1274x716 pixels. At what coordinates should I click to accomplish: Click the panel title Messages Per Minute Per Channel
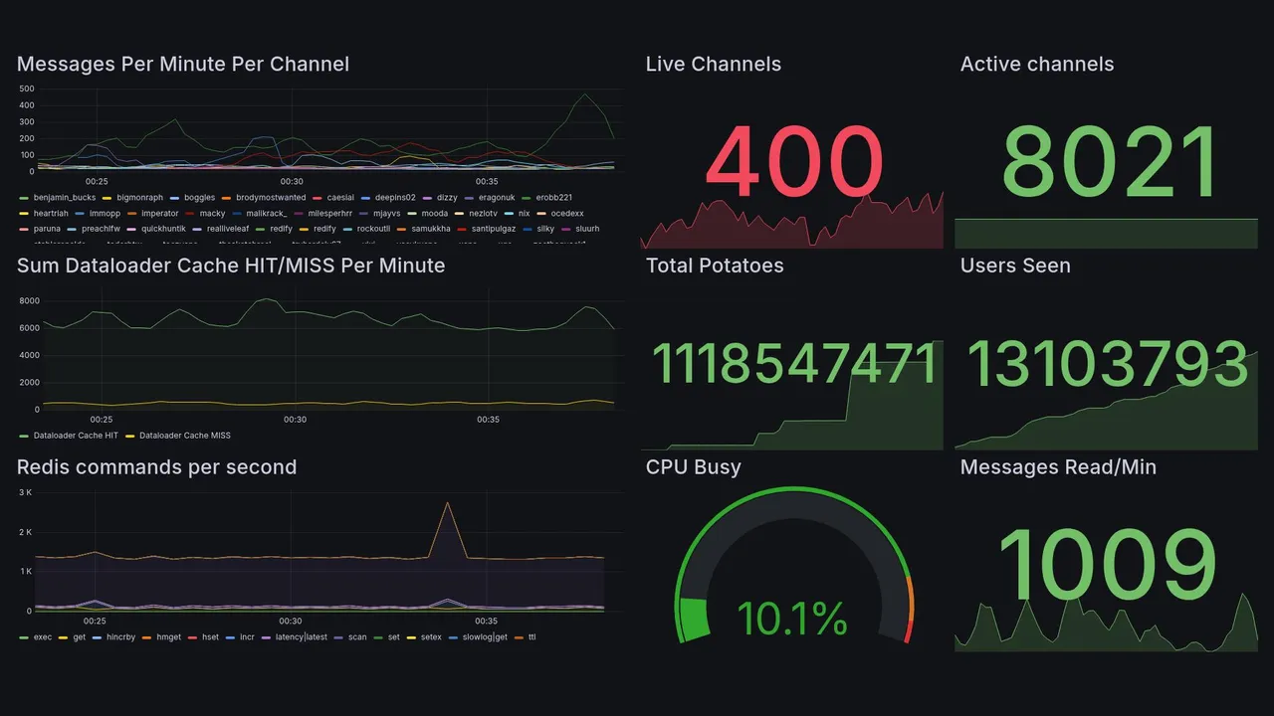point(183,65)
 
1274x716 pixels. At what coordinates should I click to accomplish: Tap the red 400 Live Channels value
point(794,162)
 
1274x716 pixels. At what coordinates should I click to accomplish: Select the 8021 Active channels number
point(1110,162)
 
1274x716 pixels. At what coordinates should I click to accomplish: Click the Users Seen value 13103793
point(1107,364)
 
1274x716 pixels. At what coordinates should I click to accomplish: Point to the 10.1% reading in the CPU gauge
point(792,619)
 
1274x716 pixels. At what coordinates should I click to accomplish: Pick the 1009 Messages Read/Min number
point(1107,565)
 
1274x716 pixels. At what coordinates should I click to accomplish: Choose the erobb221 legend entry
point(553,198)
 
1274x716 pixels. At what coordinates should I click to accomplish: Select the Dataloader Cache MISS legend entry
point(184,436)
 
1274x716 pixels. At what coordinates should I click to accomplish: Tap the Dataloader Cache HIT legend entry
point(76,436)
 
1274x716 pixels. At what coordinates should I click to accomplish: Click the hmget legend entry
point(168,637)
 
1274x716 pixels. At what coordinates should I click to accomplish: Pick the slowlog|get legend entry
point(486,637)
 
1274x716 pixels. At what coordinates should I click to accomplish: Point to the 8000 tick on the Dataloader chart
point(29,300)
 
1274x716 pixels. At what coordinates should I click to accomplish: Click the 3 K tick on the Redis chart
point(26,492)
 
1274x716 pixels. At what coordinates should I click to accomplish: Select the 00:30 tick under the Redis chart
point(291,622)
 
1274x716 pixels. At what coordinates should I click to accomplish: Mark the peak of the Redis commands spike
point(448,503)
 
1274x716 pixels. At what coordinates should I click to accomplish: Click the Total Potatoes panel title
point(715,266)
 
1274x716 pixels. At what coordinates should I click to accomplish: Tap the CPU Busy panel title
point(693,467)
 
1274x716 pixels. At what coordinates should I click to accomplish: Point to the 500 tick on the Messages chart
point(27,89)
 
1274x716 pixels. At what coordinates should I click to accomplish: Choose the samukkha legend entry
point(430,229)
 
